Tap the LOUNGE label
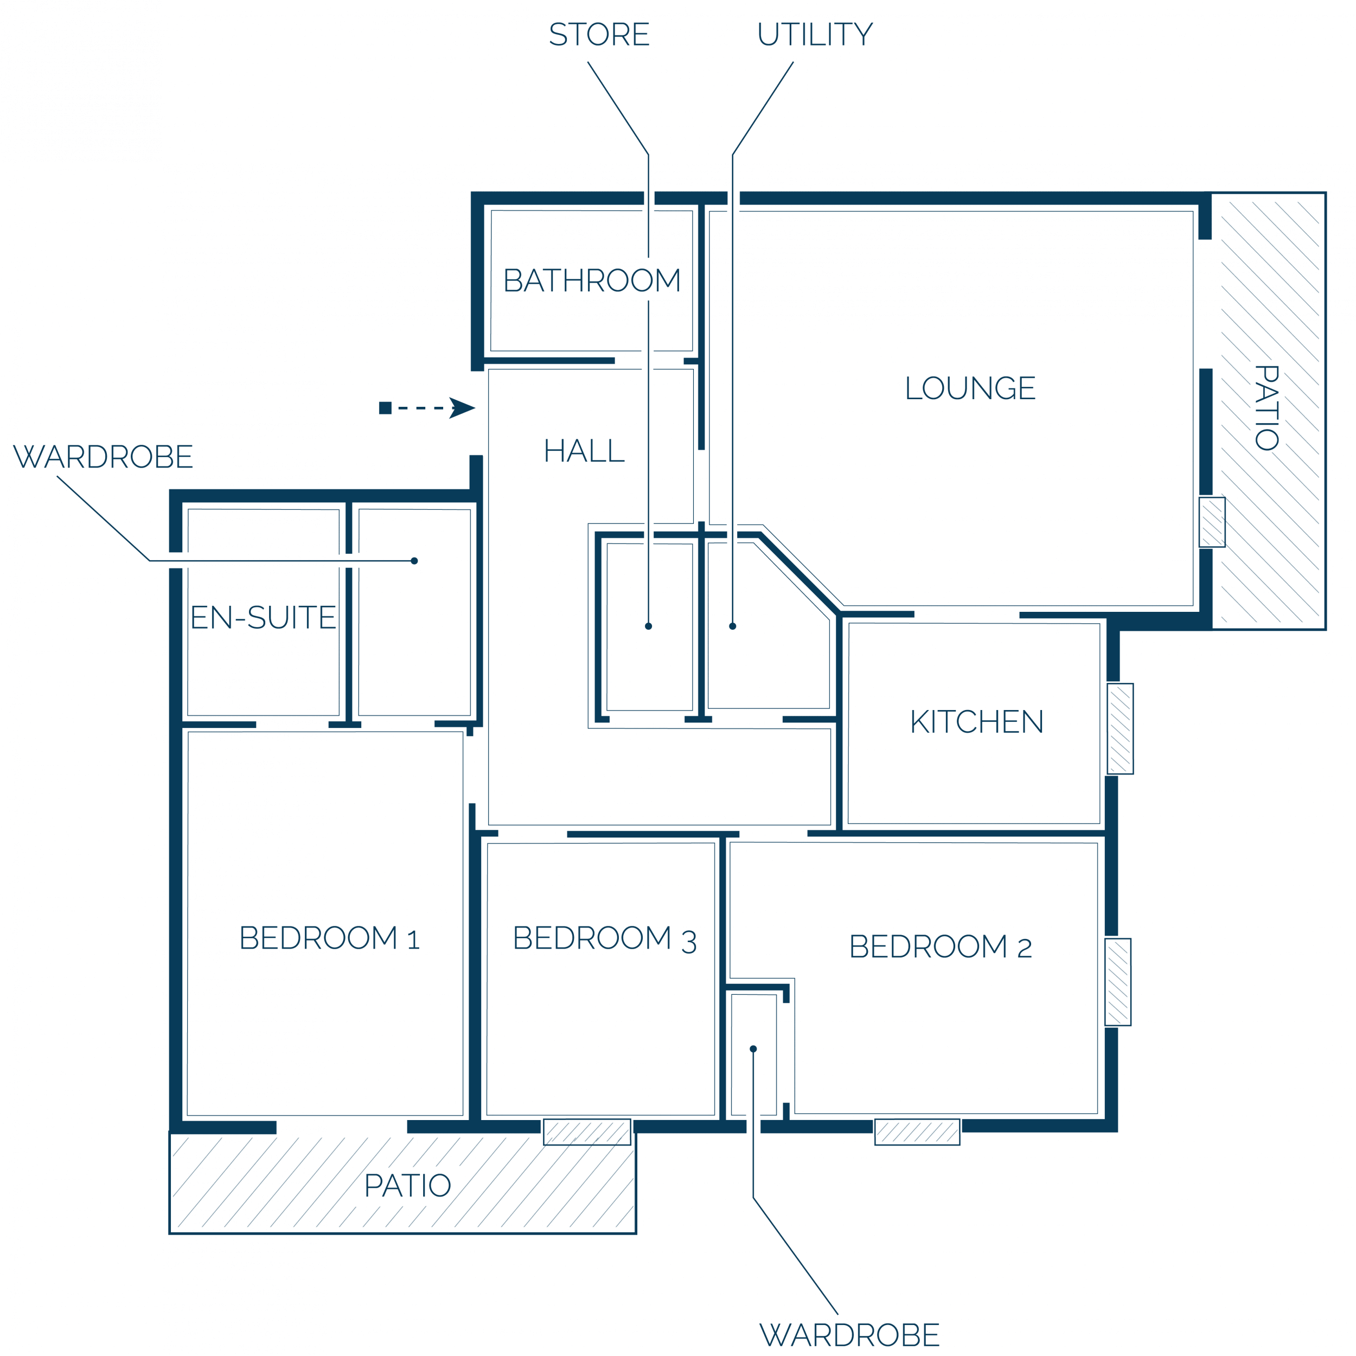pos(970,388)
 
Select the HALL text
pos(584,451)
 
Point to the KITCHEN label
pos(976,721)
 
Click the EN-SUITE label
pos(263,618)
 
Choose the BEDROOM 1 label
pos(329,938)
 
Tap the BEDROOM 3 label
pos(604,938)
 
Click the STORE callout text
pos(599,34)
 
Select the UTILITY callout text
pos(815,34)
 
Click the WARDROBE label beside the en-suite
pos(103,457)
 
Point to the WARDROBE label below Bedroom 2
pos(849,1335)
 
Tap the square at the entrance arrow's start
pos(385,408)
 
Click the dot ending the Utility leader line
pos(733,626)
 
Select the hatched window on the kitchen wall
pos(1120,728)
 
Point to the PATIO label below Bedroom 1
pos(407,1186)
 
